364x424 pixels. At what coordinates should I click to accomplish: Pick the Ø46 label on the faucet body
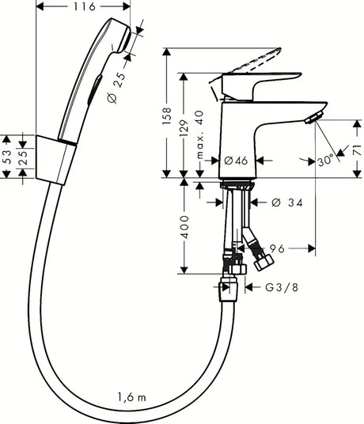tap(236, 161)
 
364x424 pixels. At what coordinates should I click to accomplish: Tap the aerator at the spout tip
tap(314, 118)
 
